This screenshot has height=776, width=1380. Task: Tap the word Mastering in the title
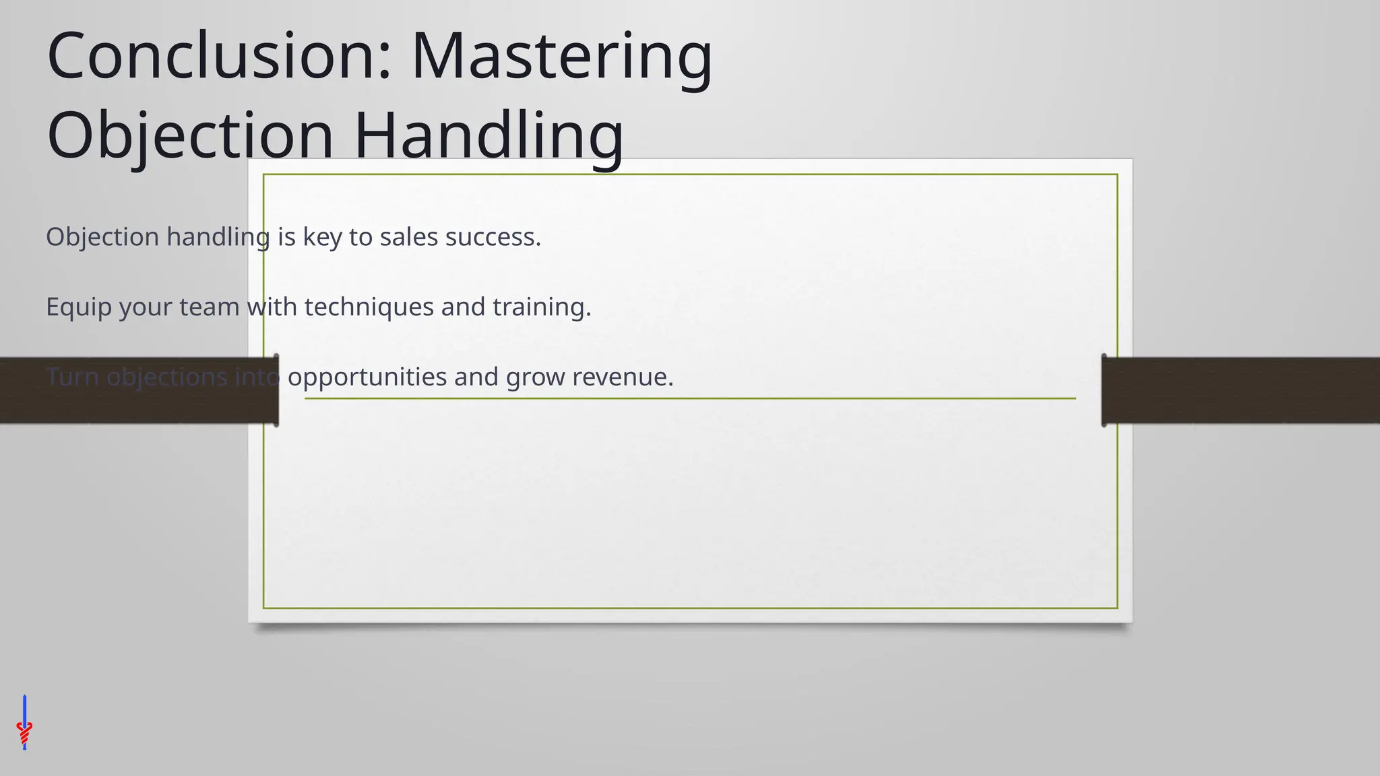click(561, 57)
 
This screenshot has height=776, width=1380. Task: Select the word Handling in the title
click(489, 135)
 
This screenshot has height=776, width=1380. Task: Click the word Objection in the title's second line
click(191, 135)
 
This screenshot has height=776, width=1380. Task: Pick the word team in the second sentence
click(209, 307)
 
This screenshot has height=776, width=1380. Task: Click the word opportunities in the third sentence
click(367, 377)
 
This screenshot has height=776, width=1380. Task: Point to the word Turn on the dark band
click(72, 377)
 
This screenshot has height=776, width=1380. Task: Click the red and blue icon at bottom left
click(24, 724)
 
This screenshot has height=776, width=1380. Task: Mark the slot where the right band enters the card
click(1104, 391)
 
